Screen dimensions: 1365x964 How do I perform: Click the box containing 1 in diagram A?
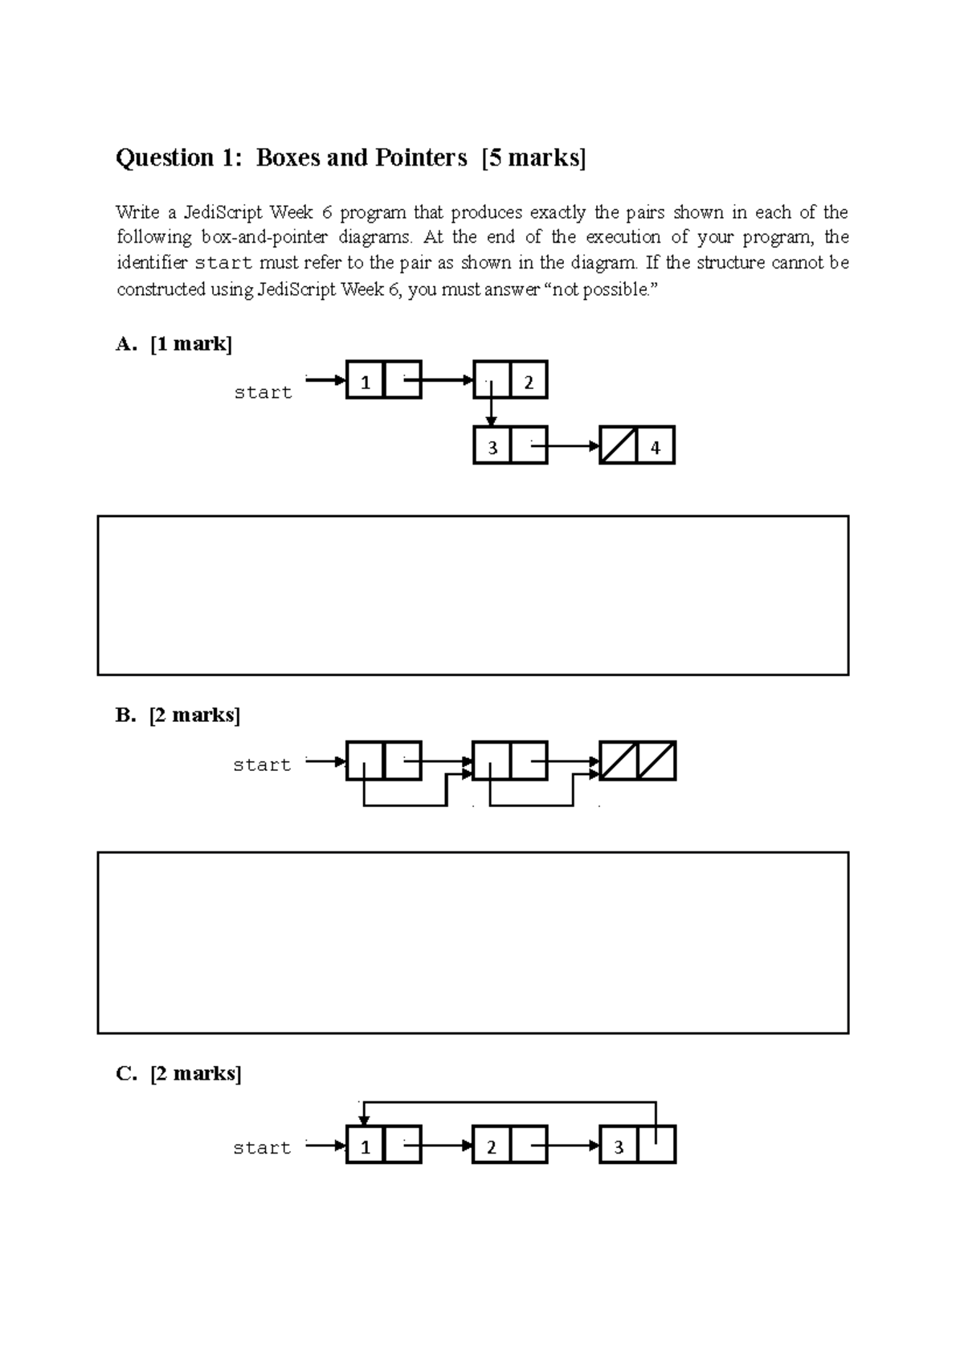[366, 380]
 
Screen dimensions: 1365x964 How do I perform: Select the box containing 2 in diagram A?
[529, 380]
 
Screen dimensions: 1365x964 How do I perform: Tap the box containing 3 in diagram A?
[492, 445]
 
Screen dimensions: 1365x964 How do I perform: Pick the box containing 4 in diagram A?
[656, 445]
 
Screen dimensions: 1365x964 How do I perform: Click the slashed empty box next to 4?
[619, 445]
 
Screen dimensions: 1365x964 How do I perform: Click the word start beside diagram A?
[263, 392]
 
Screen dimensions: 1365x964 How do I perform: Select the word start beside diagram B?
[262, 764]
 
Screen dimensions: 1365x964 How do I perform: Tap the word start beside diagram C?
[262, 1148]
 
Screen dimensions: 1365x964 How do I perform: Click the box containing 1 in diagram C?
[366, 1145]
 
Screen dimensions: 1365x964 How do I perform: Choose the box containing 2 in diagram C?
[492, 1145]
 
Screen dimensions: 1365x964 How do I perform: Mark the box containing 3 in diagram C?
[619, 1145]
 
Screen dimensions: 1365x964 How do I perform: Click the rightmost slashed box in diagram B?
[657, 760]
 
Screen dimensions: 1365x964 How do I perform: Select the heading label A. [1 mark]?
[174, 344]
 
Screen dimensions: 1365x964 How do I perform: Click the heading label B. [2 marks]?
[178, 715]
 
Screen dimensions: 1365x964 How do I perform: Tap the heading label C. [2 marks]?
[178, 1073]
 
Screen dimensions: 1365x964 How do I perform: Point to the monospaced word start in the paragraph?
[224, 263]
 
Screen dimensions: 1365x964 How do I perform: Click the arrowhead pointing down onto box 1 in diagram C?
[364, 1120]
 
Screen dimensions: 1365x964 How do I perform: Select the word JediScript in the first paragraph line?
[223, 213]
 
